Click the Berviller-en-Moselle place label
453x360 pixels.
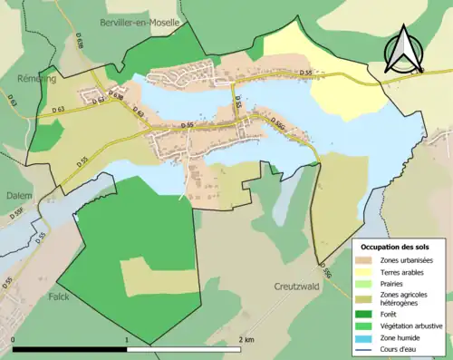tap(140, 21)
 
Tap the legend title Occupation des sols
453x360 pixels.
tap(397, 247)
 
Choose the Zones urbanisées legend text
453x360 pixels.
tap(407, 260)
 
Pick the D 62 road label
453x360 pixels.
tap(139, 113)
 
